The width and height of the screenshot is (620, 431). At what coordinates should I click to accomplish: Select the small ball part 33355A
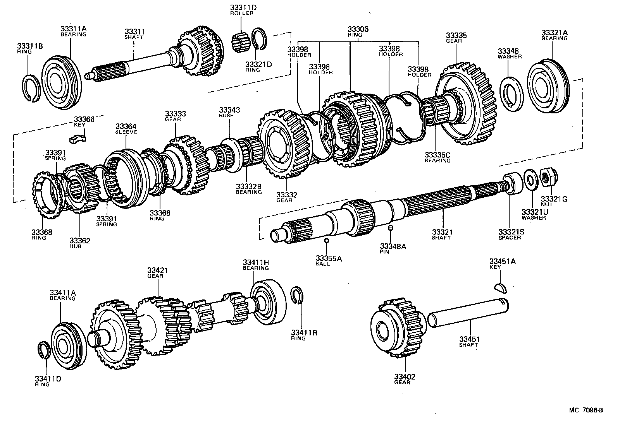coord(327,241)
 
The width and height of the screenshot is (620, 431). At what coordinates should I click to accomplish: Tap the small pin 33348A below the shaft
coord(391,227)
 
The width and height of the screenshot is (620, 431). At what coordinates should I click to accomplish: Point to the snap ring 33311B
coord(32,89)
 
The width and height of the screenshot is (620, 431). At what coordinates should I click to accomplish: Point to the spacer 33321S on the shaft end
coord(513,183)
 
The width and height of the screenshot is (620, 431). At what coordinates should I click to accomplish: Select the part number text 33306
coord(358,29)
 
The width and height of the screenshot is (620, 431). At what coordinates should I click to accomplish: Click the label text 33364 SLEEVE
coord(126,129)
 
